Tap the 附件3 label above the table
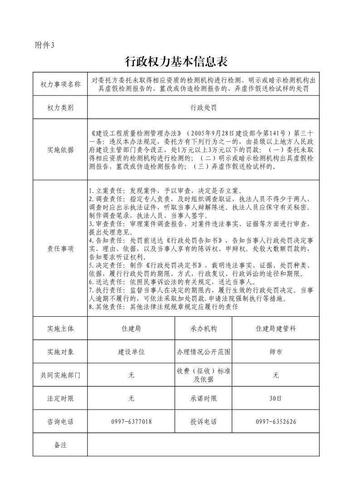click(44, 45)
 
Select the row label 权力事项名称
click(60, 84)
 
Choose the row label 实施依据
click(60, 150)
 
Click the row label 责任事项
click(60, 249)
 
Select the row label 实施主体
click(60, 328)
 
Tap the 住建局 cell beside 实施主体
click(131, 328)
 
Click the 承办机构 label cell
click(204, 328)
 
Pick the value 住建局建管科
click(276, 328)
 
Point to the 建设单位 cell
click(131, 352)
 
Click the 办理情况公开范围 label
click(204, 352)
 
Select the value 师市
click(276, 352)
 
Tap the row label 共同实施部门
click(60, 375)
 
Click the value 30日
click(276, 399)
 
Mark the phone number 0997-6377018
click(131, 422)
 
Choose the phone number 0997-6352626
click(276, 422)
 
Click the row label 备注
click(60, 445)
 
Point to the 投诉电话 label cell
click(204, 422)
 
